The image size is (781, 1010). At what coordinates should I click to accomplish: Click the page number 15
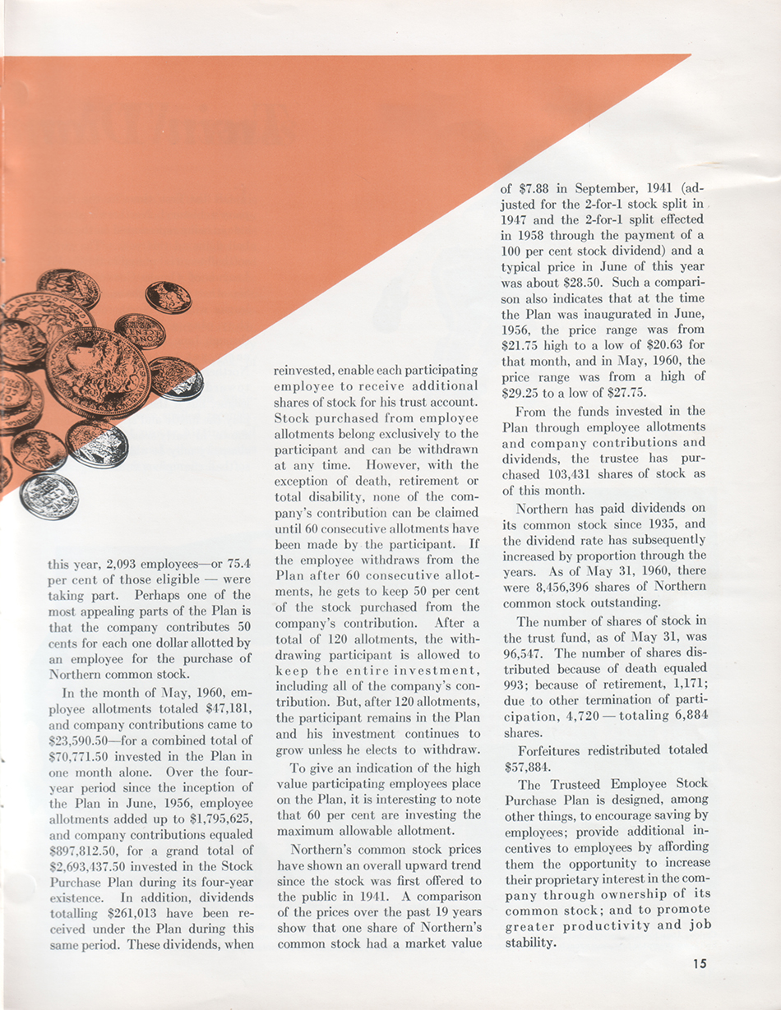pos(699,964)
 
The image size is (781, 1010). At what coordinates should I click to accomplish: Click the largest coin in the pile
pos(98,371)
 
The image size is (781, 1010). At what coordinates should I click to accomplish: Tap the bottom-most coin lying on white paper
pos(49,496)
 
